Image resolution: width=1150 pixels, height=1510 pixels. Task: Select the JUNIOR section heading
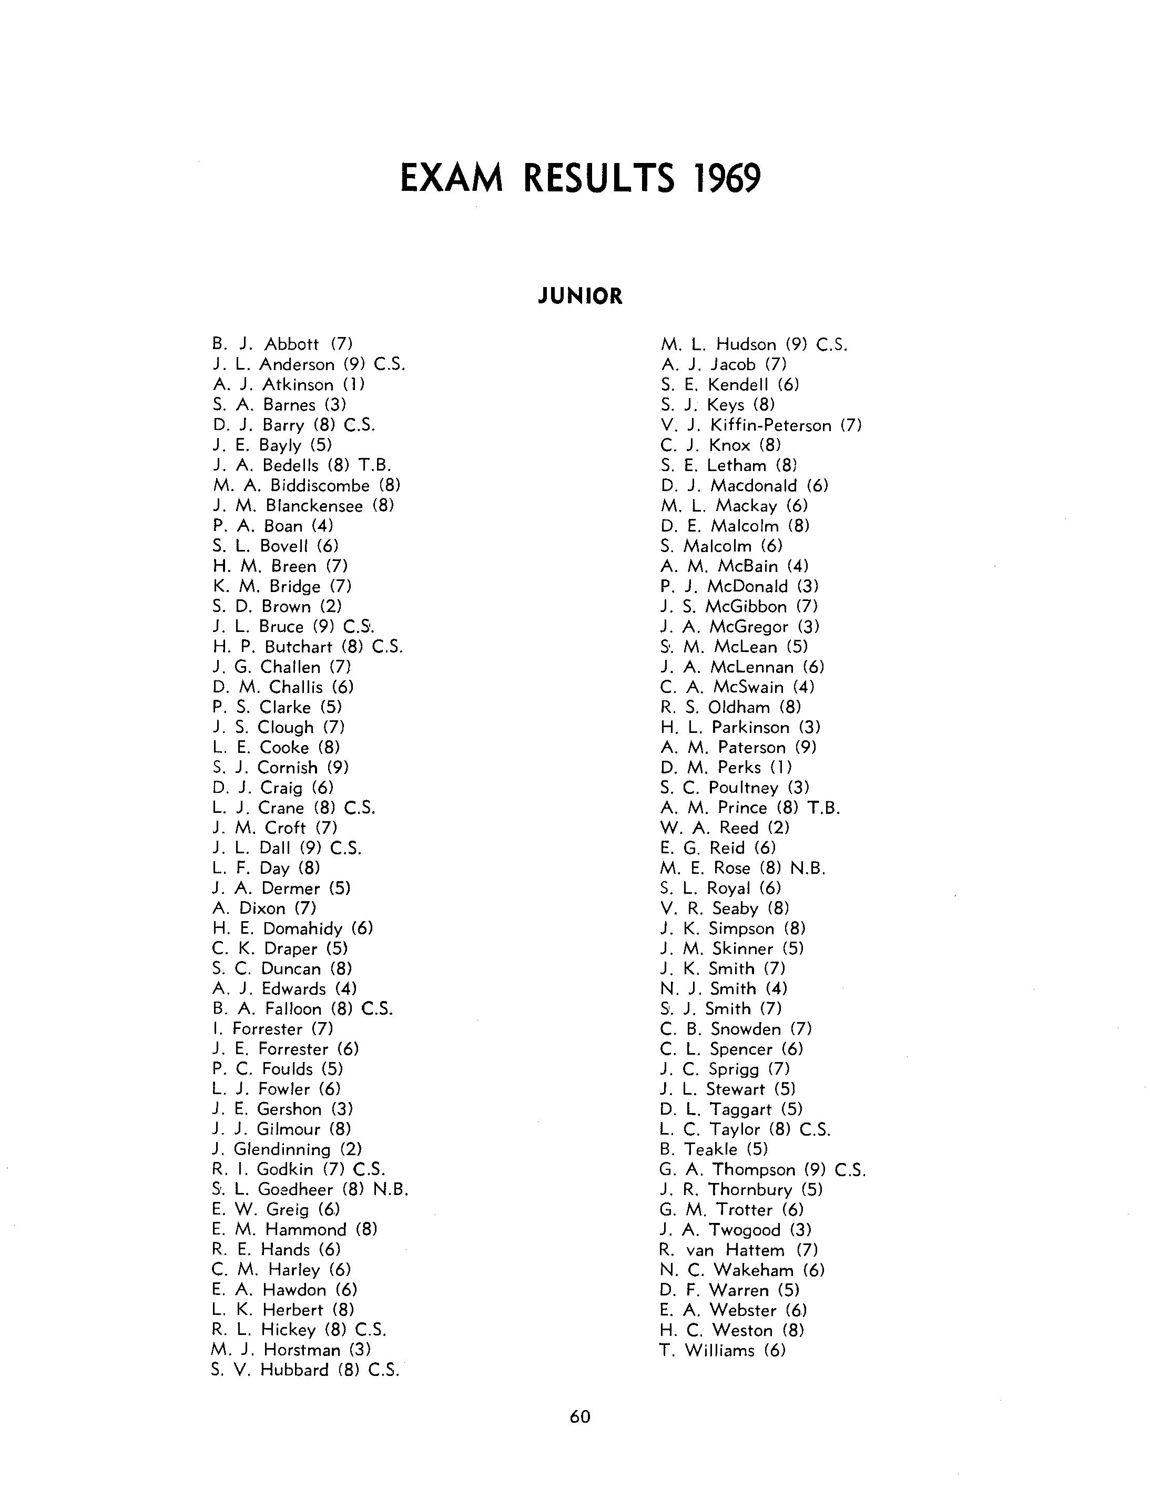tap(580, 297)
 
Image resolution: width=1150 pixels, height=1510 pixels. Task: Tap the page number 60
tap(580, 1416)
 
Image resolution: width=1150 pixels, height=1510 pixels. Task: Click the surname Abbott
tap(292, 344)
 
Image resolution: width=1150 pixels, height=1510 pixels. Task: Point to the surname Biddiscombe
tap(320, 485)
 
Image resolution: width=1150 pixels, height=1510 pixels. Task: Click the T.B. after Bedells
tap(374, 465)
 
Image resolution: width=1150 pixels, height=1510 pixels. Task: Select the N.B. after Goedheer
tap(391, 1190)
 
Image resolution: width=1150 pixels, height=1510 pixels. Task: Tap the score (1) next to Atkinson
tap(354, 385)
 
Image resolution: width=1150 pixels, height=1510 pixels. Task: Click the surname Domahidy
tap(302, 928)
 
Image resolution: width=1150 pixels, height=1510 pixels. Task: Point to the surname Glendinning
tap(282, 1149)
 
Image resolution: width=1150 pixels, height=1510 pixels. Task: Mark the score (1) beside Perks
tap(781, 767)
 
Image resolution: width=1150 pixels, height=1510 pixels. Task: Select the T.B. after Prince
tap(823, 808)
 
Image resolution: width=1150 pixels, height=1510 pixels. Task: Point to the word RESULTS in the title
tap(599, 179)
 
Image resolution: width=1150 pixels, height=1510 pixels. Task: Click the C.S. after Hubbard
tap(383, 1370)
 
